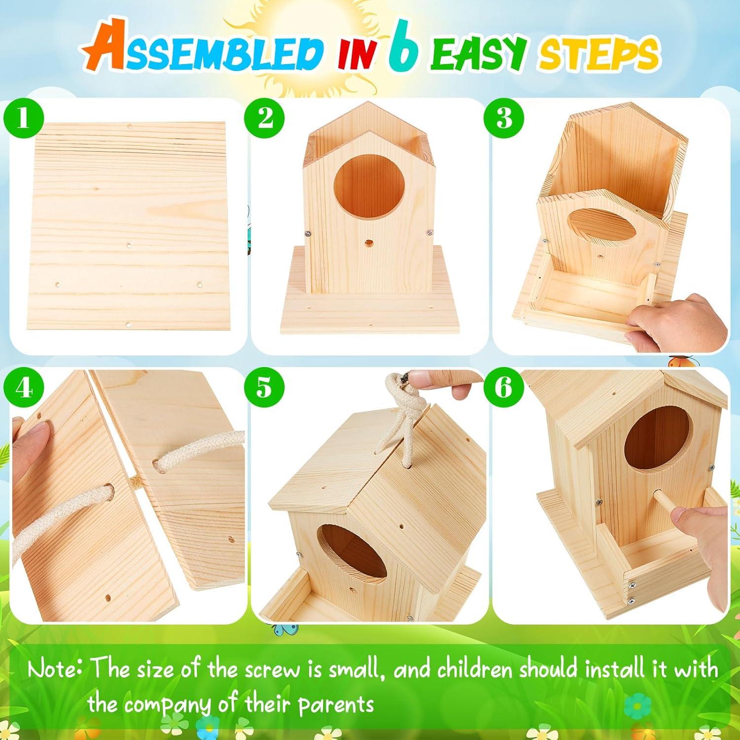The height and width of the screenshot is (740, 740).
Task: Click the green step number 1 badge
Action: coord(23,119)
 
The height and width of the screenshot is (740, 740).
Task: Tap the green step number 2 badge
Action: coord(265,119)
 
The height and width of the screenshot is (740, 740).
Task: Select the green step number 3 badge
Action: coord(504,119)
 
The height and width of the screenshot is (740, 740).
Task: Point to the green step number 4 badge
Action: coord(23,388)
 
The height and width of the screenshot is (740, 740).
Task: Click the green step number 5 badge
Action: coord(264,387)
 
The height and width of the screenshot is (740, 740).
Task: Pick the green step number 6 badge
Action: coord(504,387)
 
